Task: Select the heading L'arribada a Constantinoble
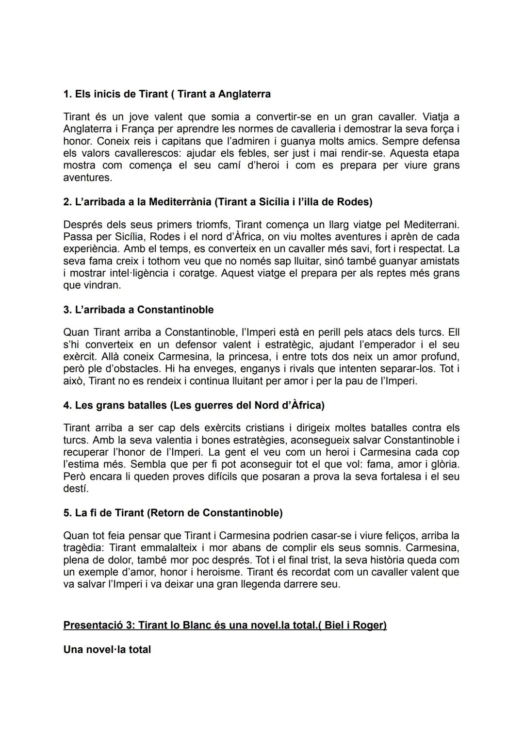coord(138,310)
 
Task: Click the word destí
coord(76,489)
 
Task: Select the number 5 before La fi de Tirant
coord(66,513)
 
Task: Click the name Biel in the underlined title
coord(335,625)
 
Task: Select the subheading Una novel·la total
coord(107,650)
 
